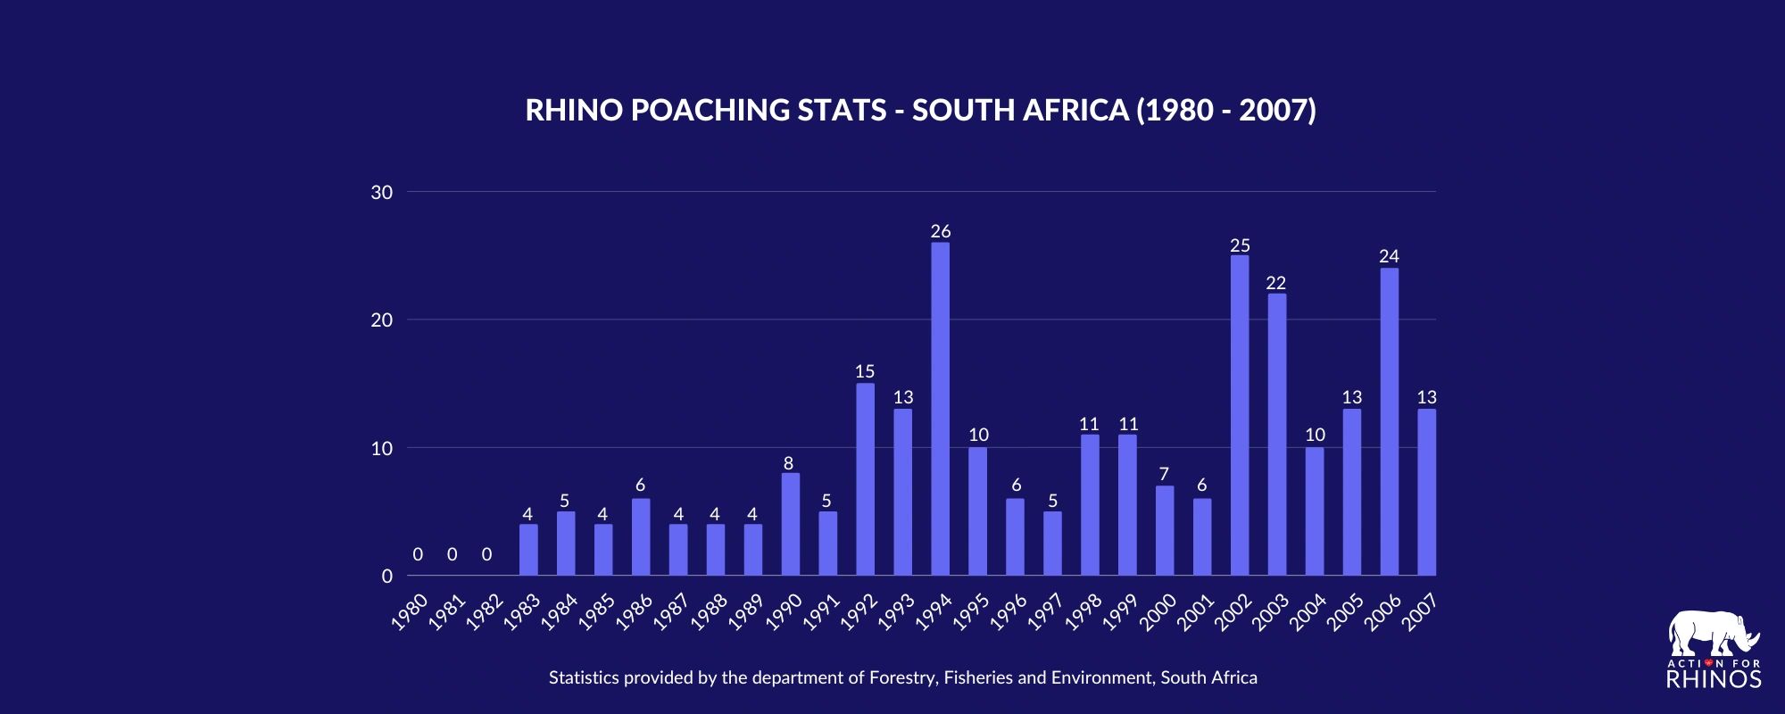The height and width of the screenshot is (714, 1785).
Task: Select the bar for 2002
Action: [x=1240, y=415]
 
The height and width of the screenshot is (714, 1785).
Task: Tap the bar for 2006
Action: [x=1389, y=421]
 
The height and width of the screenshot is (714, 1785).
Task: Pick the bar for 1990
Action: [x=791, y=524]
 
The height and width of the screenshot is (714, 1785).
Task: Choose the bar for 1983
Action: [x=528, y=550]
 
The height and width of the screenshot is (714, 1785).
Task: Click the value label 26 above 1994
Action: [x=940, y=232]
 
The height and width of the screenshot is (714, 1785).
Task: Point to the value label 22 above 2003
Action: [x=1276, y=283]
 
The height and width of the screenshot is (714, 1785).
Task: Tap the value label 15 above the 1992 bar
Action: [x=865, y=371]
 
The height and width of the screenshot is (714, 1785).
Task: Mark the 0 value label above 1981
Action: [x=452, y=554]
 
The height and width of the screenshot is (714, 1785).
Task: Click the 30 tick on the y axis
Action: [x=382, y=192]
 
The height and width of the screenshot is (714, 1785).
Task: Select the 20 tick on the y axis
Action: [x=382, y=320]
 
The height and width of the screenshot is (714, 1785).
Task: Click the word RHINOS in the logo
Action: [x=1714, y=679]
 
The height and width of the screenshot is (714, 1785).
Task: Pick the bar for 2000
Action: [x=1165, y=531]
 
